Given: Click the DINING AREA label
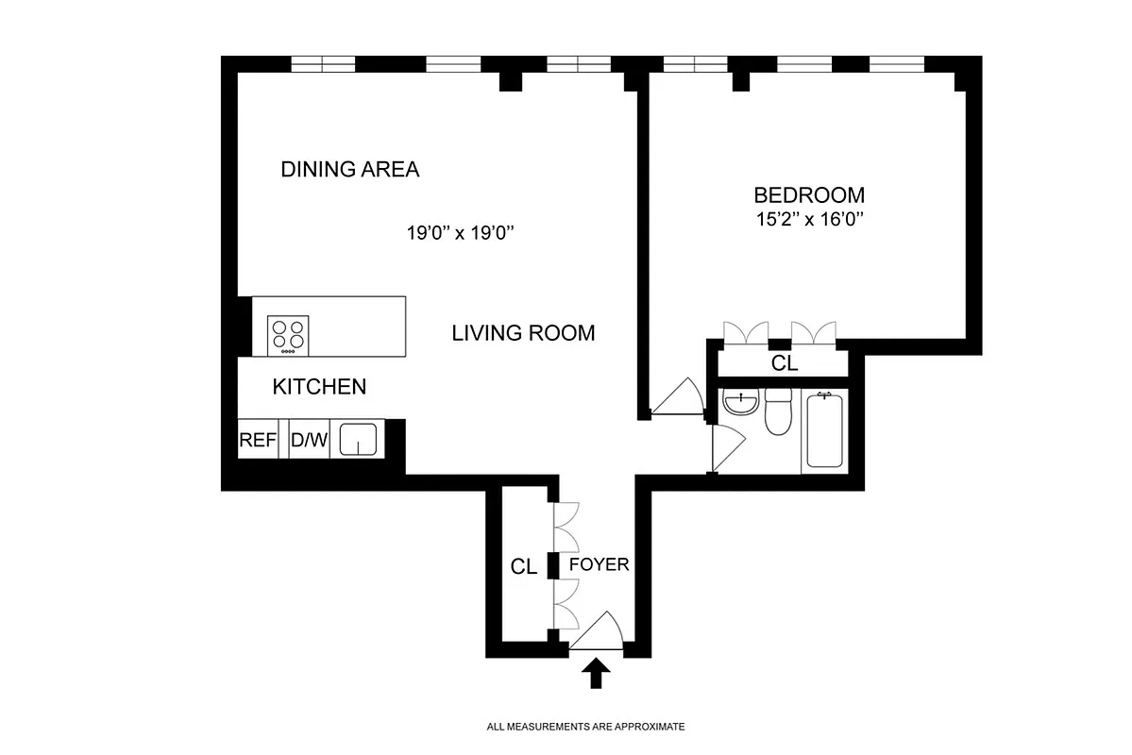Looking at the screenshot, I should pyautogui.click(x=350, y=170).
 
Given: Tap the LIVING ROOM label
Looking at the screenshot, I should pyautogui.click(x=523, y=333).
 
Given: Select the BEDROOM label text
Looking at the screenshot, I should pyautogui.click(x=808, y=195).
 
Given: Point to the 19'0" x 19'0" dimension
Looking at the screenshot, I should pyautogui.click(x=459, y=234).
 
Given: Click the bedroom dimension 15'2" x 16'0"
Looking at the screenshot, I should pyautogui.click(x=808, y=220).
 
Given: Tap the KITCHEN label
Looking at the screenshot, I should pyautogui.click(x=319, y=387).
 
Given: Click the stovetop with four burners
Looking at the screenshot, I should pyautogui.click(x=289, y=335).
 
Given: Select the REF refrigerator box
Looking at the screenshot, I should pyautogui.click(x=257, y=440).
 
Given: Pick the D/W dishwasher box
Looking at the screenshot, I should pyautogui.click(x=308, y=440).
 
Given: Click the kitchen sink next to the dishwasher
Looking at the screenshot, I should pyautogui.click(x=358, y=440).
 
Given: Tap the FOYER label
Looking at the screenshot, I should pyautogui.click(x=599, y=565).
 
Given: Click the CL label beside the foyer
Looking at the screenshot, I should pyautogui.click(x=524, y=567).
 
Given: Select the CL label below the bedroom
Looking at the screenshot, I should pyautogui.click(x=784, y=363).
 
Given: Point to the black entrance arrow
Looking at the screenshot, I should pyautogui.click(x=596, y=674).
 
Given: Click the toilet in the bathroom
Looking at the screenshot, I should pyautogui.click(x=779, y=413).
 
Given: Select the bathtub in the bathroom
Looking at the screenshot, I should pyautogui.click(x=825, y=431).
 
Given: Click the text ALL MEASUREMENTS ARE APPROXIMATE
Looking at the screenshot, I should pyautogui.click(x=584, y=728).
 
